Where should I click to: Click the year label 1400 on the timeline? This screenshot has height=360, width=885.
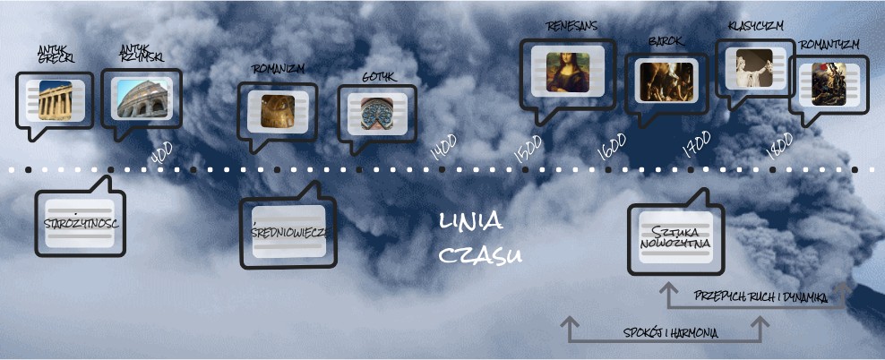pyautogui.click(x=443, y=146)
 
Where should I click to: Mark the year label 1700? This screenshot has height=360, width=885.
pyautogui.click(x=696, y=143)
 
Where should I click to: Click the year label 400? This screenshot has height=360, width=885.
pyautogui.click(x=162, y=153)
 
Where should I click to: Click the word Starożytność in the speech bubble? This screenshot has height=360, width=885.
pyautogui.click(x=80, y=222)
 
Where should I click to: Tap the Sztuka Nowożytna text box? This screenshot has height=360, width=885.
pyautogui.click(x=674, y=237)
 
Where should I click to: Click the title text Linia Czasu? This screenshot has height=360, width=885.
pyautogui.click(x=479, y=239)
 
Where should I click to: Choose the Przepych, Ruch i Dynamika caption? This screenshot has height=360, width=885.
pyautogui.click(x=760, y=296)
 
